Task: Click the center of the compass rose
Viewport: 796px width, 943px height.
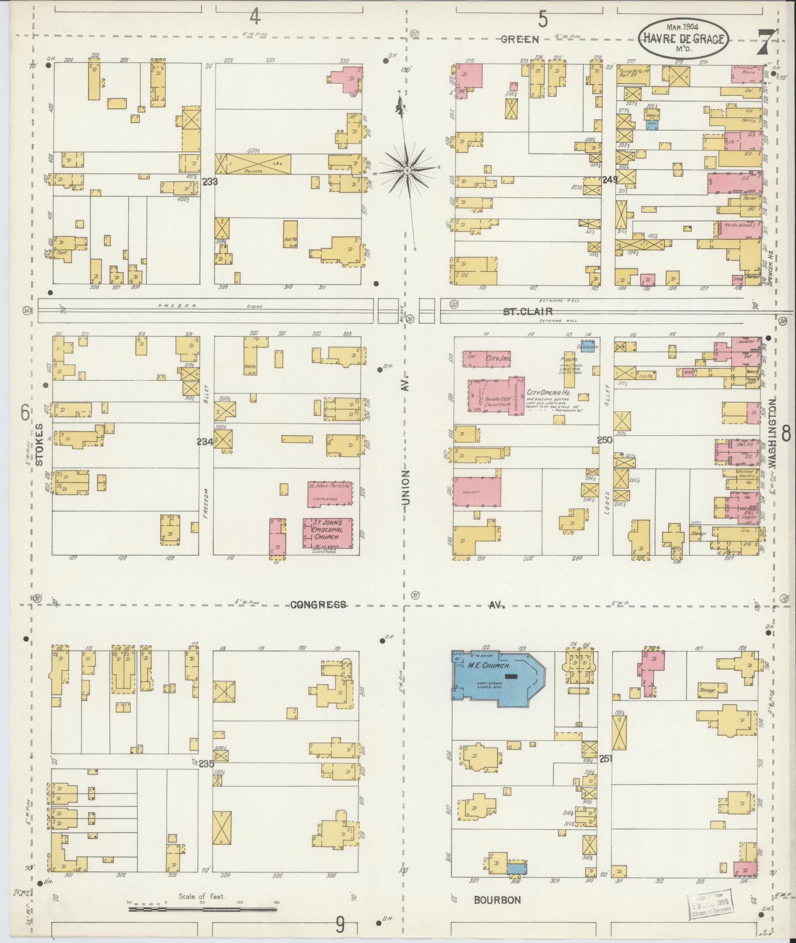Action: (408, 171)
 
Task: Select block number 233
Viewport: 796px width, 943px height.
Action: (210, 181)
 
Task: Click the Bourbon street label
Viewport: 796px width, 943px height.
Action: (497, 900)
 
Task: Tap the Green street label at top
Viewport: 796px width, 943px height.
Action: (520, 39)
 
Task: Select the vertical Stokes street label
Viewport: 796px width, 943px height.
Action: (40, 444)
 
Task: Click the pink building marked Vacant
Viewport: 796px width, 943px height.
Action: (477, 491)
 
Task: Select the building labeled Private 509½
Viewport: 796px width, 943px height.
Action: (254, 163)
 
